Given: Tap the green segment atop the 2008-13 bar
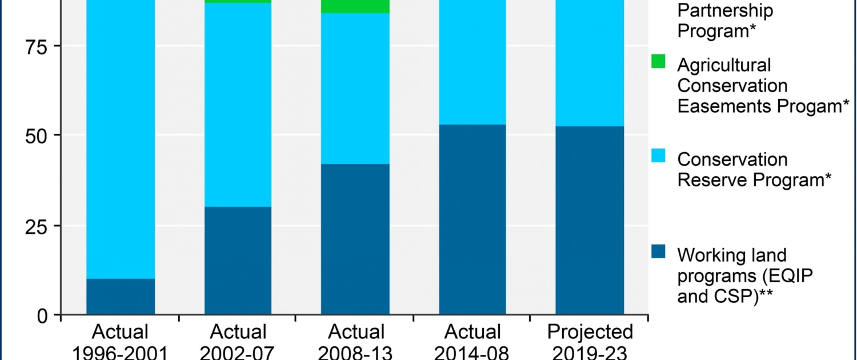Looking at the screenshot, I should click(x=355, y=6).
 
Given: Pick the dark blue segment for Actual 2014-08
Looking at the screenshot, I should click(x=472, y=219).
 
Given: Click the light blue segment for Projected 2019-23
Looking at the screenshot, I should click(x=590, y=63).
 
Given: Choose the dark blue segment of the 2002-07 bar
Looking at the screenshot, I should click(x=238, y=261).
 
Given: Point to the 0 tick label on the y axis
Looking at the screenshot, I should click(x=43, y=315).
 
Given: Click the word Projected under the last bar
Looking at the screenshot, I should click(x=590, y=332).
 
